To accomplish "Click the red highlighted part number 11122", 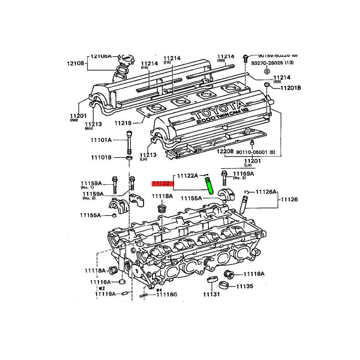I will coord(161,183).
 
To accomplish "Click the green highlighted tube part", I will coord(209,185).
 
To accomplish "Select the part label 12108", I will coord(75,63).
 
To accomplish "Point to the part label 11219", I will coord(123,123).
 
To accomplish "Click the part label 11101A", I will coord(101,140).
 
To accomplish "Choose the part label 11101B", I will coord(101,157).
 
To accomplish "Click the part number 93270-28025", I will coord(268,63).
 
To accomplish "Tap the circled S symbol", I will coord(267,71).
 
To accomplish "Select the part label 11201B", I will coord(291,87).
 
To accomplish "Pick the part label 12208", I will coord(225,152).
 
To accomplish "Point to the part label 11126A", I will coord(266,192).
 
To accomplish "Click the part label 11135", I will coord(244,287).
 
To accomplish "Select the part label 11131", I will coord(211,294).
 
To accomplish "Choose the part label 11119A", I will coord(105,294).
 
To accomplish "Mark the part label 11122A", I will coord(187,176).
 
